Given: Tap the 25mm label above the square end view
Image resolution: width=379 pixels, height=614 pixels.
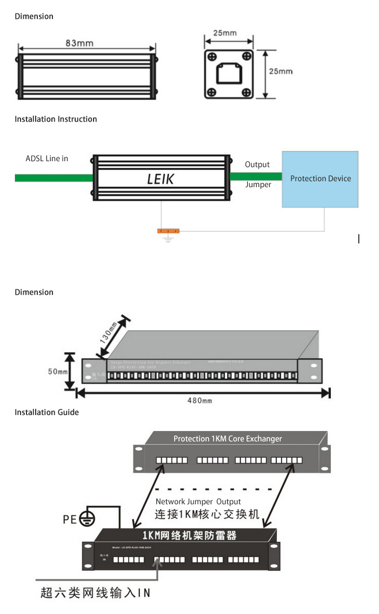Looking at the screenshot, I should click(224, 33).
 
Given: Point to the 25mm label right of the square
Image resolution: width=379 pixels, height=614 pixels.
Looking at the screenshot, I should click(281, 71).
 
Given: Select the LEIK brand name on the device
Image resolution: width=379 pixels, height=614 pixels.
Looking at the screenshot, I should click(161, 179).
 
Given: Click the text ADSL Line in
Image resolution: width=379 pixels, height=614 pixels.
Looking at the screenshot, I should click(47, 159).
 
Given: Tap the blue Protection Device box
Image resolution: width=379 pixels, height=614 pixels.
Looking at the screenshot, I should click(320, 179).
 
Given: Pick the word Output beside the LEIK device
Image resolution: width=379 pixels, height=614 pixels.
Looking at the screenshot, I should click(257, 164).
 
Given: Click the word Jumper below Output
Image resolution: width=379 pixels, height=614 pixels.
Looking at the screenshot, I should click(258, 184).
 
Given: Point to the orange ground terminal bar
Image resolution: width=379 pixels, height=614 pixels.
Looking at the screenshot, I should click(168, 231).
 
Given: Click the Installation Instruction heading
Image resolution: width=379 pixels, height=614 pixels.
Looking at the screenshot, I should click(56, 119).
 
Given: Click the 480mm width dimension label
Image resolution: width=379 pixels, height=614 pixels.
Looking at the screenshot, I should click(200, 401).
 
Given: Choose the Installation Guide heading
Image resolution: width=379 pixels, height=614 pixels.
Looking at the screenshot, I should click(46, 412).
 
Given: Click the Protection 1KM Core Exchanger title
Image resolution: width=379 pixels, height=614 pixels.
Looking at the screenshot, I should click(228, 439).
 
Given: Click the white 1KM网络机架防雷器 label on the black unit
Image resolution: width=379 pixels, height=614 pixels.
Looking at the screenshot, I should click(189, 536).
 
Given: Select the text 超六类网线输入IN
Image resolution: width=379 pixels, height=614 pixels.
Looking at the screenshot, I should click(95, 593).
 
